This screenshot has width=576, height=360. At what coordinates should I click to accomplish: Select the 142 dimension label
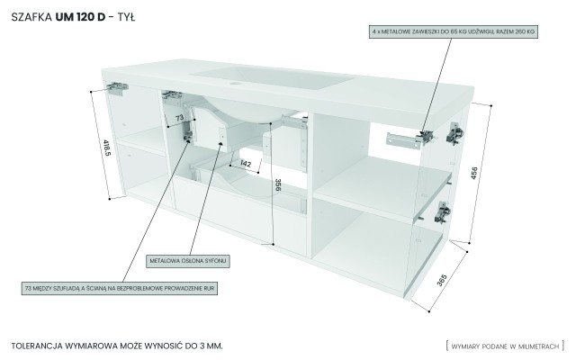pos(244,163)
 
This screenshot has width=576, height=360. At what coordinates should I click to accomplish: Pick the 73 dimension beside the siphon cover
pos(179,118)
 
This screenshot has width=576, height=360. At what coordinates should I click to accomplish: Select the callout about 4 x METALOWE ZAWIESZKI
pos(453,31)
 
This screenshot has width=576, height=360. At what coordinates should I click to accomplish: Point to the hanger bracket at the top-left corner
pos(117,88)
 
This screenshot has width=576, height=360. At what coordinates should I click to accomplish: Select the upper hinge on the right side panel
pos(454,133)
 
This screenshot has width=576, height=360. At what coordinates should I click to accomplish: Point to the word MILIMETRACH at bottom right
pos(538,346)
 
